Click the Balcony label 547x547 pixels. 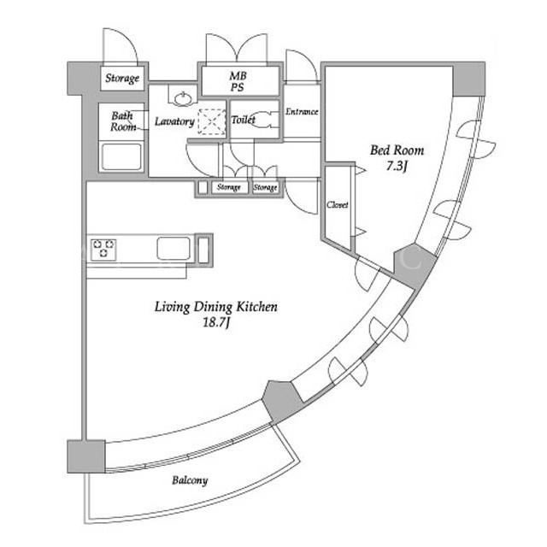coord(190,480)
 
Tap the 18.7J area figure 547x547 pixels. coord(216,323)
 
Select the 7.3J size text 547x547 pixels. coord(397,166)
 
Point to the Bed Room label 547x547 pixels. coord(397,150)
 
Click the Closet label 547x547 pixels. coord(338,204)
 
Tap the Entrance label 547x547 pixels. coord(302,112)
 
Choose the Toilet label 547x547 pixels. coord(243,120)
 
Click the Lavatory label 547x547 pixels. coord(174,121)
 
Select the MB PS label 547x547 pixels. coord(238,81)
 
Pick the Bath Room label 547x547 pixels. coord(123,121)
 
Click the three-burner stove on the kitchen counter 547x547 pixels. coord(103,249)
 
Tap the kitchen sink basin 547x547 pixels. coord(174,249)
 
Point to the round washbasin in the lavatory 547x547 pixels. coord(184,99)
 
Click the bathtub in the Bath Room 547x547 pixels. coord(121,156)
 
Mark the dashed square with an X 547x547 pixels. coord(212,121)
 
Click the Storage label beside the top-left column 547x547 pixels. coord(122,78)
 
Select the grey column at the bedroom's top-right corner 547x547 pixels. coord(469,79)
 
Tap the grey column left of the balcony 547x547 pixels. coord(86,456)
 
